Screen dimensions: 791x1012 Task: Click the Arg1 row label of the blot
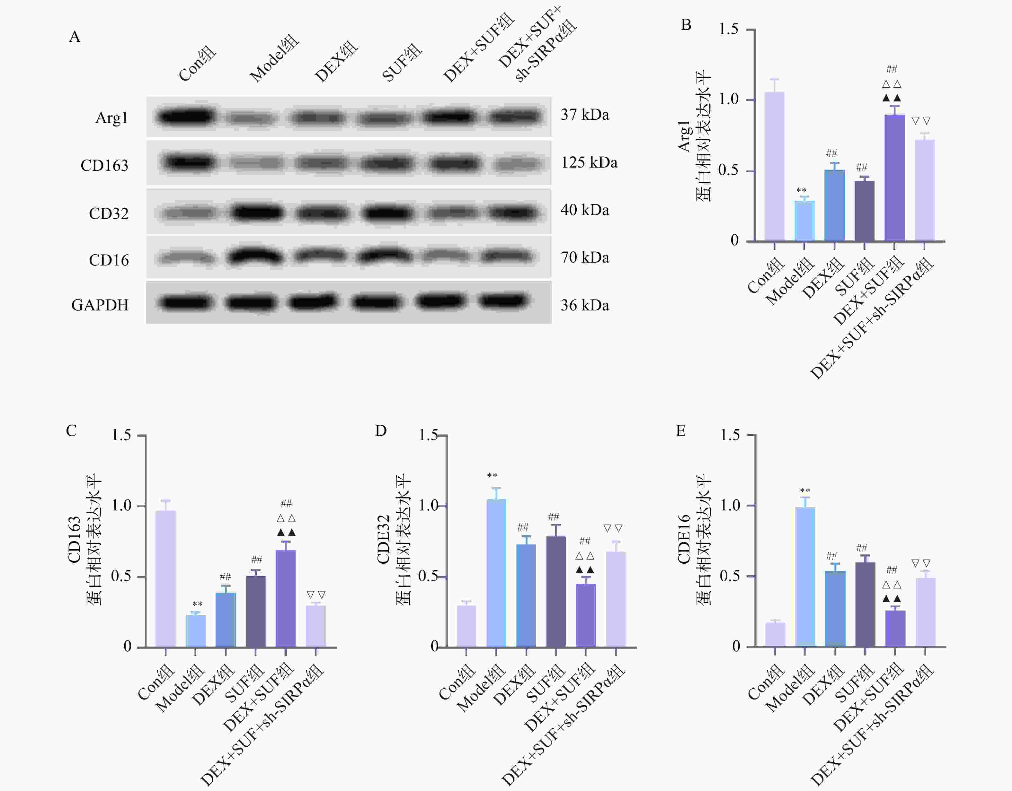[x=111, y=118]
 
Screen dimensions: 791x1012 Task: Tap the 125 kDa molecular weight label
[x=589, y=162]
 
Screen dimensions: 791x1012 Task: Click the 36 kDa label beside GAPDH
[x=585, y=305]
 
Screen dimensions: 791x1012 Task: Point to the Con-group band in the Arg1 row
[x=186, y=116]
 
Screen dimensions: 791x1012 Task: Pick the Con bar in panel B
[x=774, y=167]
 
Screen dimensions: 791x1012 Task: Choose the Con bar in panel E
[x=775, y=634]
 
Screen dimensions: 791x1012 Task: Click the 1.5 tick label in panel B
[x=728, y=30]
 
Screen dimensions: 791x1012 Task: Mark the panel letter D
[x=380, y=431]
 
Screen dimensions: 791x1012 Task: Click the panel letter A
[x=75, y=37]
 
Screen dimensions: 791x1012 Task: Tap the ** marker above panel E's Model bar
[x=805, y=491]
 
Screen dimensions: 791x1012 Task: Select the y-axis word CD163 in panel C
[x=74, y=540]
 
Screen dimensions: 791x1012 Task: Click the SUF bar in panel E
[x=865, y=604]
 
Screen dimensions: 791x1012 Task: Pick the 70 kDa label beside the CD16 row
[x=585, y=257]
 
